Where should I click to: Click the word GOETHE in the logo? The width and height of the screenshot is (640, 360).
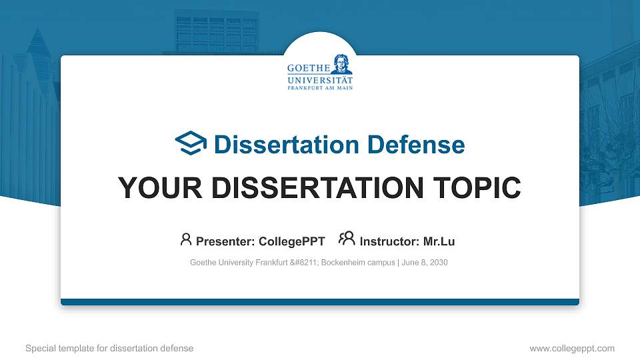[x=308, y=69]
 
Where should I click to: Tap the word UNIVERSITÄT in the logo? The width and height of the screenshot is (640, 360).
[x=320, y=79]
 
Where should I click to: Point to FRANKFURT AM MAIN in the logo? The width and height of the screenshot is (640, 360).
[x=320, y=87]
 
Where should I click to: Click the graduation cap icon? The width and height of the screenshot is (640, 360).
[x=191, y=143]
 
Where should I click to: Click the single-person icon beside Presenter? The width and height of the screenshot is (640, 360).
[x=186, y=239]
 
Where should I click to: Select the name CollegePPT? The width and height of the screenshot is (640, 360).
[x=293, y=241]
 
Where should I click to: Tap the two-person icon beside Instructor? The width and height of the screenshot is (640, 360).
[x=347, y=239]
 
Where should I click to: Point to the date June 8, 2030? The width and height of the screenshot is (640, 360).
[x=425, y=263]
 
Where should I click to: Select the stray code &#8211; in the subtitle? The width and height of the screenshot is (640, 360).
[x=303, y=263]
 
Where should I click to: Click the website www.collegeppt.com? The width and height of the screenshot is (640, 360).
[x=572, y=348]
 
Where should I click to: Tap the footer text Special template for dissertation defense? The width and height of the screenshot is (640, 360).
[x=109, y=348]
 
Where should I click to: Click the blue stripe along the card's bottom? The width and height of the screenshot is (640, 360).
[x=320, y=302]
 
